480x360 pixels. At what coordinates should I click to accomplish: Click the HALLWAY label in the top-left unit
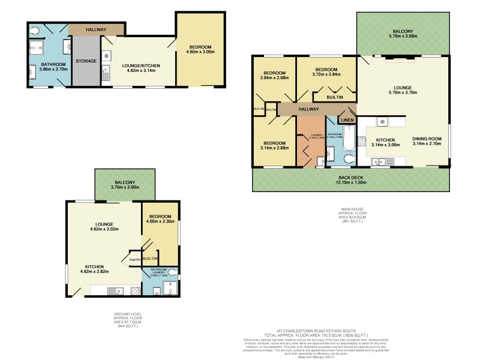pos(97,29)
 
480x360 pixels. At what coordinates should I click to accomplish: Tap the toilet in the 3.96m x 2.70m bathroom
pos(35,29)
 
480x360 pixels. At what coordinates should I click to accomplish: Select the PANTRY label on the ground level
pos(134,259)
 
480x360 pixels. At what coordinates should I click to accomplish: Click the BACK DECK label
pos(350,178)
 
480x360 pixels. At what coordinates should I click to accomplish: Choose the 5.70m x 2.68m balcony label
pos(402,34)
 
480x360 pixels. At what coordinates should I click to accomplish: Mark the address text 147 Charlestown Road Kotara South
pos(326,330)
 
